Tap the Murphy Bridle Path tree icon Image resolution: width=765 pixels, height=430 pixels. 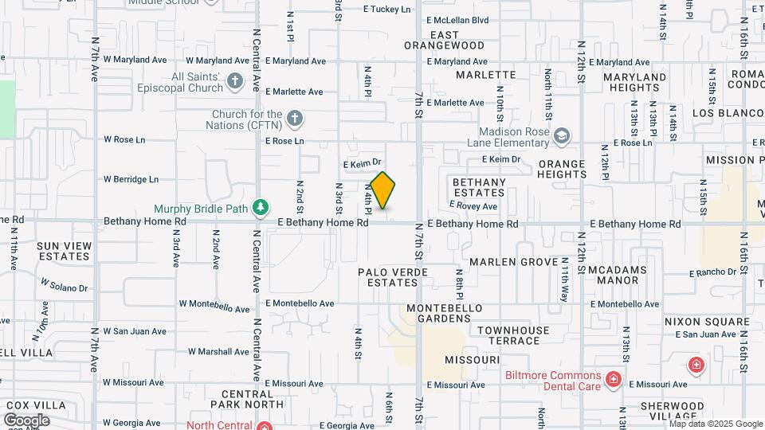tap(260, 208)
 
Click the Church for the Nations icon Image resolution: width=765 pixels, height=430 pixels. tap(295, 119)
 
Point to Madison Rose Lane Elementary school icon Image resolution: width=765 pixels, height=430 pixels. tap(562, 136)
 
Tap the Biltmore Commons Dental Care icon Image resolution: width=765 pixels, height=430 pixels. tap(613, 377)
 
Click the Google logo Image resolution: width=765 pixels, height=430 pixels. tap(26, 420)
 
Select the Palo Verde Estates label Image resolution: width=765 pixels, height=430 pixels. tap(393, 277)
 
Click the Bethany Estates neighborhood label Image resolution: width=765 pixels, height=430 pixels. tap(479, 187)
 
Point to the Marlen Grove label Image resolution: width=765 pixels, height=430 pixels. tap(513, 261)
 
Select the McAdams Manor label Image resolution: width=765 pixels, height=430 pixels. tap(624, 275)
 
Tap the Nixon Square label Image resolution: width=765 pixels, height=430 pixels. tap(708, 322)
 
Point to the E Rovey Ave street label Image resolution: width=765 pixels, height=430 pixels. tap(473, 206)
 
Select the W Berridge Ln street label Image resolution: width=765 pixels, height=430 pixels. tap(131, 180)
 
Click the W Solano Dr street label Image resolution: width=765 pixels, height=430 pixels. tap(64, 286)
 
